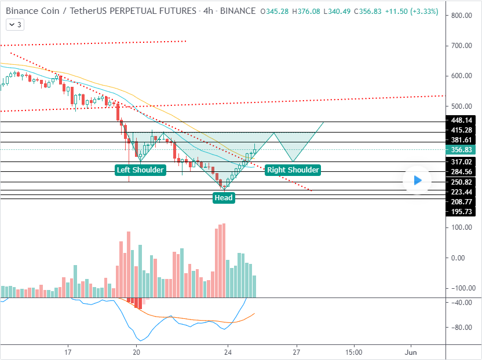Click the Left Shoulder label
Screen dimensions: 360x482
pyautogui.click(x=140, y=170)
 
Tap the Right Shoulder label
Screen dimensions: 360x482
pyautogui.click(x=293, y=170)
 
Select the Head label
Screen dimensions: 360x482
pyautogui.click(x=224, y=197)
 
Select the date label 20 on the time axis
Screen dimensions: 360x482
pyautogui.click(x=136, y=352)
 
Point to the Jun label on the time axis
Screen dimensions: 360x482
pyautogui.click(x=411, y=352)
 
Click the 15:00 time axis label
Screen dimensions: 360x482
pyautogui.click(x=353, y=352)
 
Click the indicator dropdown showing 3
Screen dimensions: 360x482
pyautogui.click(x=15, y=24)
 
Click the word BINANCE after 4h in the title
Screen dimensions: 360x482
pyautogui.click(x=239, y=11)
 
